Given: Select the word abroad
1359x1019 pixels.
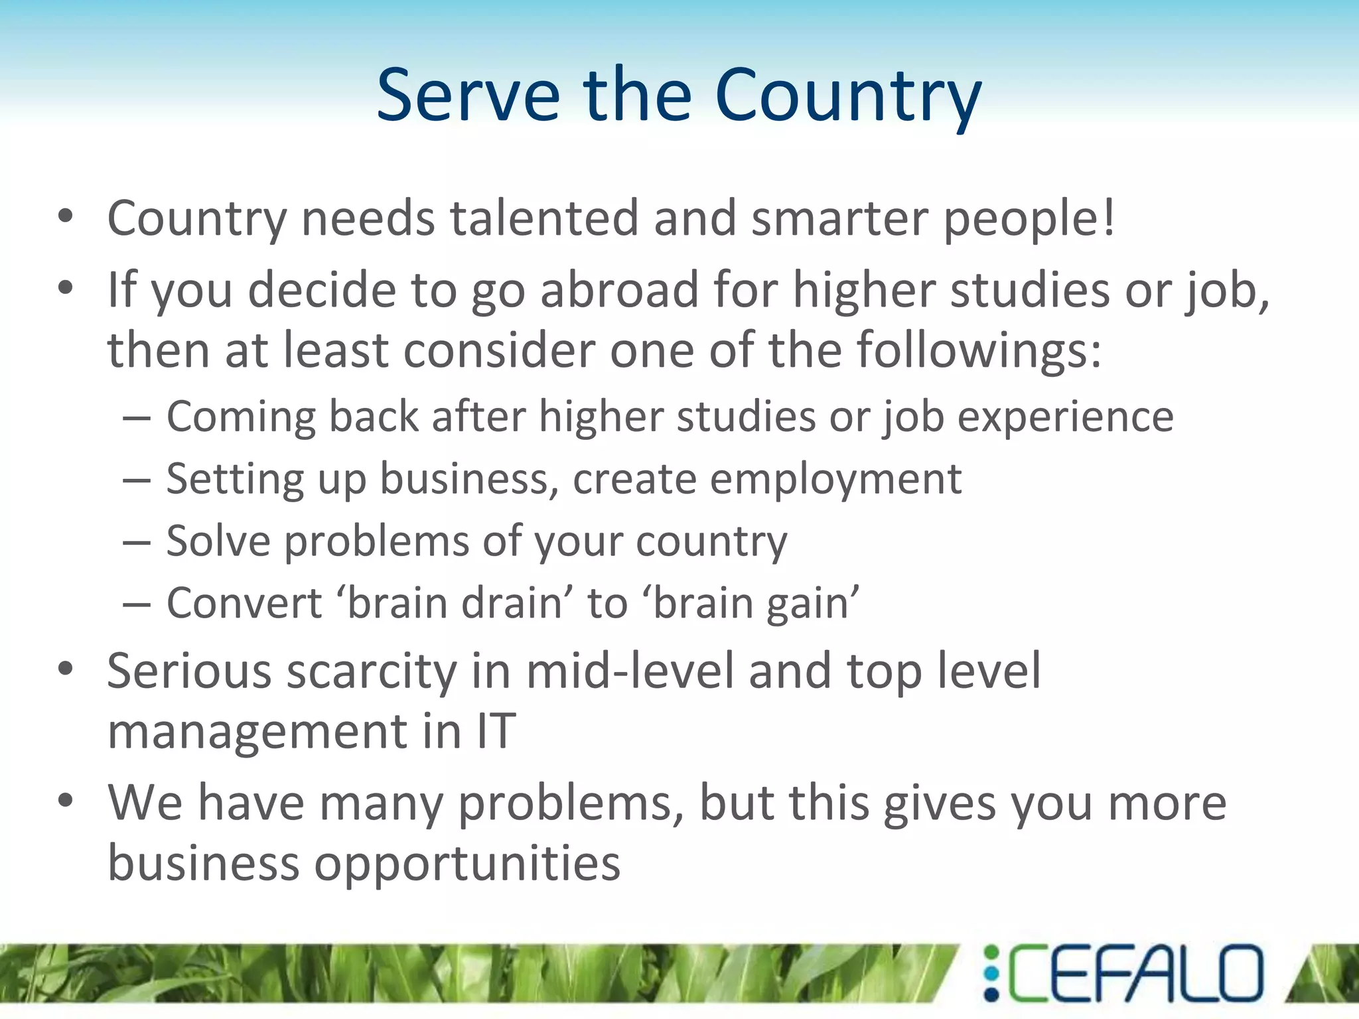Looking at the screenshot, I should [620, 290].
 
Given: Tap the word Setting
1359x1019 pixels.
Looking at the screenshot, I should [235, 479].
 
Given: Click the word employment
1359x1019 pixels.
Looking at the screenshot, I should [835, 479].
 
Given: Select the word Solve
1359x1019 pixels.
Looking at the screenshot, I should [218, 541].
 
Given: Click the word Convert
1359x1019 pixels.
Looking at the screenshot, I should [244, 603].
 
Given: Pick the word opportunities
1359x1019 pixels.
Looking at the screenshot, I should [467, 864].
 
